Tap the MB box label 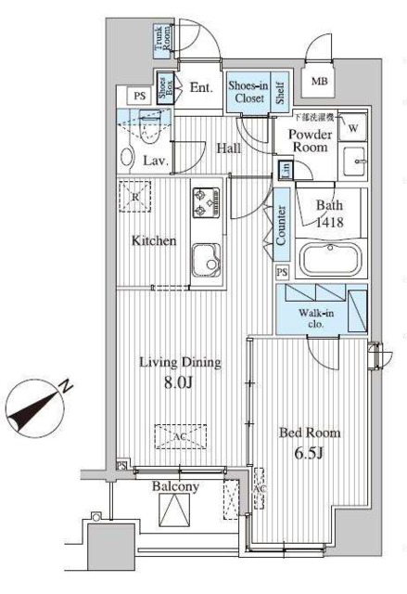click(x=320, y=82)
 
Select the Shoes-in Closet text click(x=248, y=92)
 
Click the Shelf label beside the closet click(x=278, y=92)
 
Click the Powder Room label click(x=310, y=142)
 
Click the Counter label click(x=281, y=224)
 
